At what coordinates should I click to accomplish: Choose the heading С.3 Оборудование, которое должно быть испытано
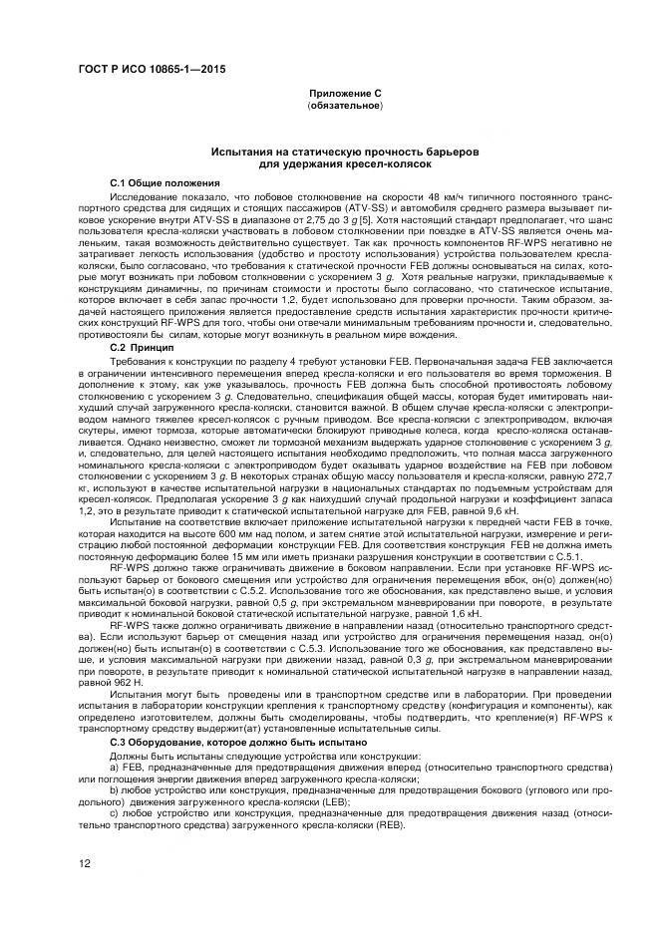coord(238,743)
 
